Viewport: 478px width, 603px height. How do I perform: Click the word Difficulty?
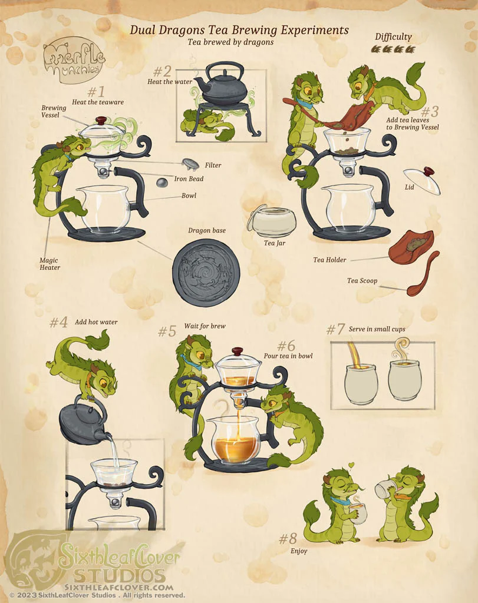[393, 37]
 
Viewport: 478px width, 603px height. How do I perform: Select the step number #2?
[162, 71]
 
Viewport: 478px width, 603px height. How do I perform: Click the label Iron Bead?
[189, 179]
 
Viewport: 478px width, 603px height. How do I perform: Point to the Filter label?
[213, 165]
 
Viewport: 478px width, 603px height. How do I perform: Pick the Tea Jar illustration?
[272, 221]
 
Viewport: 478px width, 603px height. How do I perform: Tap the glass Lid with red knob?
[422, 180]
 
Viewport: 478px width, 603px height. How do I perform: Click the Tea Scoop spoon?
[423, 275]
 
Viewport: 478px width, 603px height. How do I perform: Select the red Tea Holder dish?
[411, 247]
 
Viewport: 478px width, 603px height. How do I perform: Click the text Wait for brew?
[205, 326]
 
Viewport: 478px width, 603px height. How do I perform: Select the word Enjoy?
[299, 551]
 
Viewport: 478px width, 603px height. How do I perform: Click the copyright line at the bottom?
[97, 595]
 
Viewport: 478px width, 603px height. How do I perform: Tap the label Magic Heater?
[50, 264]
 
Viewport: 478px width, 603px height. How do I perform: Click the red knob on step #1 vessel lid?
[101, 120]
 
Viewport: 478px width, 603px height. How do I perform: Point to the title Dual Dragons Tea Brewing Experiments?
[239, 30]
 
